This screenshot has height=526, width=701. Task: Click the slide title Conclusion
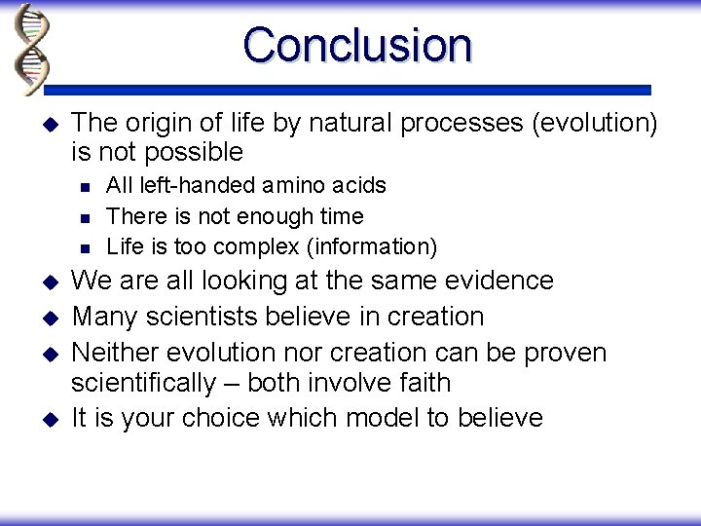tap(357, 45)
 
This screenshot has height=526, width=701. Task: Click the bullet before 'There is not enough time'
tap(84, 216)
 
